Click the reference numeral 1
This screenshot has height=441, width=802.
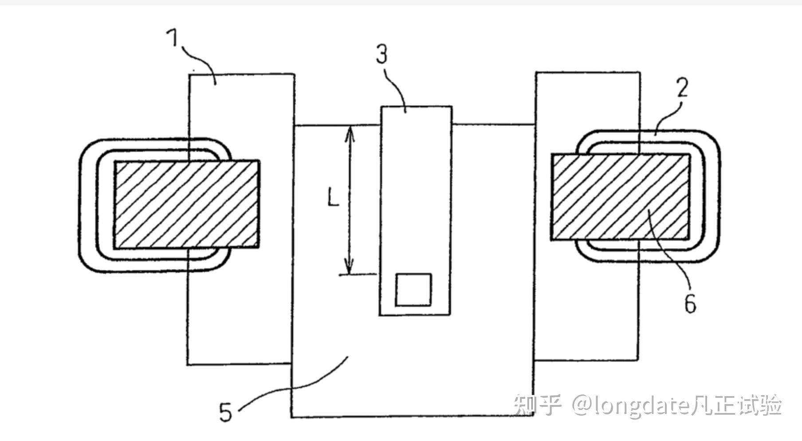pyautogui.click(x=173, y=38)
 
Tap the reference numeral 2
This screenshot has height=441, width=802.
pyautogui.click(x=682, y=87)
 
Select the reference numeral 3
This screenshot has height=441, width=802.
pyautogui.click(x=381, y=54)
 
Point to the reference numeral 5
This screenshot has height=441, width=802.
pyautogui.click(x=226, y=412)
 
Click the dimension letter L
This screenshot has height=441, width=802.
pyautogui.click(x=333, y=197)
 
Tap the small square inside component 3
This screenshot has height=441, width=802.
pyautogui.click(x=413, y=290)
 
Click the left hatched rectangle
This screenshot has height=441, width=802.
pyautogui.click(x=187, y=204)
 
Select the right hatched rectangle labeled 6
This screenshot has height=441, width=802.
pyautogui.click(x=620, y=197)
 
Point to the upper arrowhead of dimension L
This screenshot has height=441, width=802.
pyautogui.click(x=350, y=132)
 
